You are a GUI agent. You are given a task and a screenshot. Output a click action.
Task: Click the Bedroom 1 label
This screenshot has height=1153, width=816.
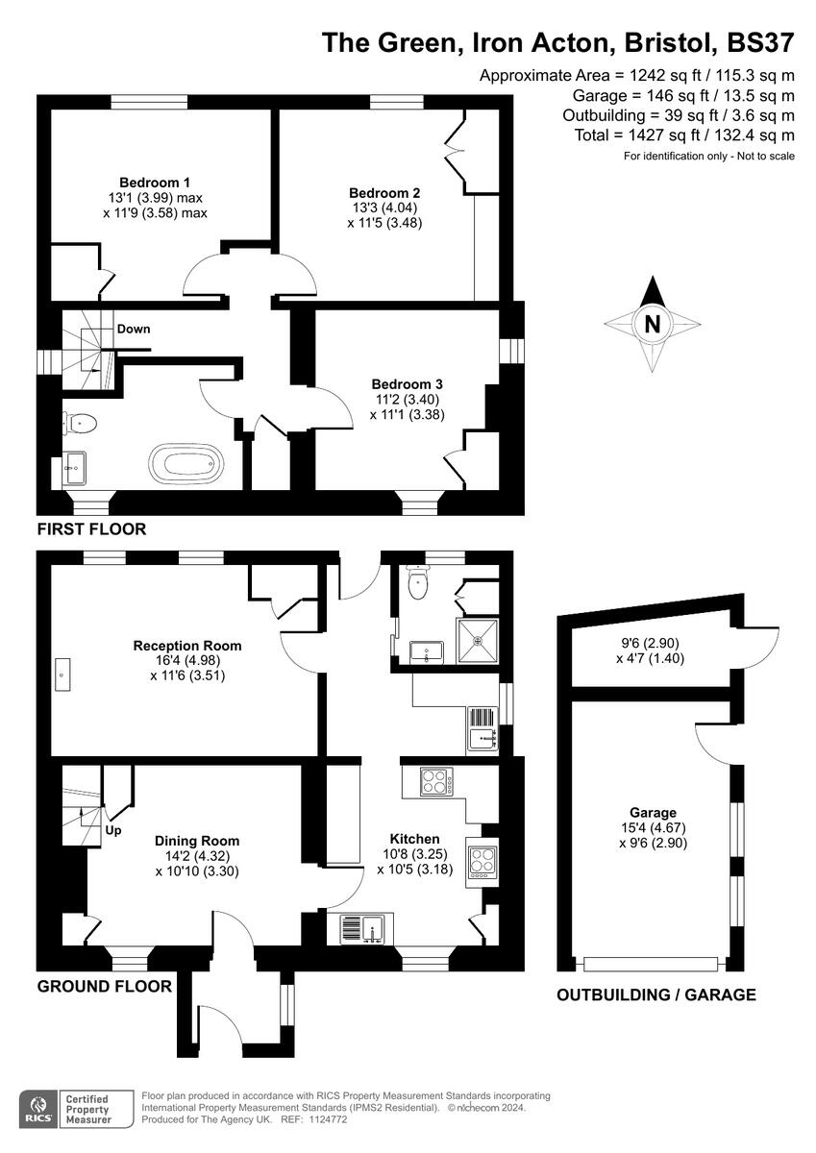(155, 183)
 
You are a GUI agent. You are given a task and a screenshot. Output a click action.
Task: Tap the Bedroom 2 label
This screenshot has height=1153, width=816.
(384, 193)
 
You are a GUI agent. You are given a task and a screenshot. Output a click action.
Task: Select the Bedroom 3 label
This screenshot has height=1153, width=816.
(408, 384)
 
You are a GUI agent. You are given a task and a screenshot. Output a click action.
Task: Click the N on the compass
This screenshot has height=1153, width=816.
(653, 325)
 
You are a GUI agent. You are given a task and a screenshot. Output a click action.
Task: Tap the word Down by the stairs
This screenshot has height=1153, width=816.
(134, 329)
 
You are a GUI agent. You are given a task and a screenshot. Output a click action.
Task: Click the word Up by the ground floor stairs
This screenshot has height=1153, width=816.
(113, 830)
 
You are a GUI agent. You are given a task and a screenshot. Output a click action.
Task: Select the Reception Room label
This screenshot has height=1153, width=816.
(187, 646)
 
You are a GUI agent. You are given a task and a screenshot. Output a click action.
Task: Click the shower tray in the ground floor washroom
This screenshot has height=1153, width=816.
(478, 641)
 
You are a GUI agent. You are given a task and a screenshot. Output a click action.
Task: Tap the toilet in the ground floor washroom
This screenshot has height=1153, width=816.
(417, 581)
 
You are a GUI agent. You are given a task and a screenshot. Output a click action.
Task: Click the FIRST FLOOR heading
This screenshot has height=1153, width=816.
(91, 529)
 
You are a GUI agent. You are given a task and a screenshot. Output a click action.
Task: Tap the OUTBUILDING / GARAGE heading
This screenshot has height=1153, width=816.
(656, 994)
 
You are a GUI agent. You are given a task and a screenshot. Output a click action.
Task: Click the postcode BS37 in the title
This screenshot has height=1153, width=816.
(760, 42)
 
